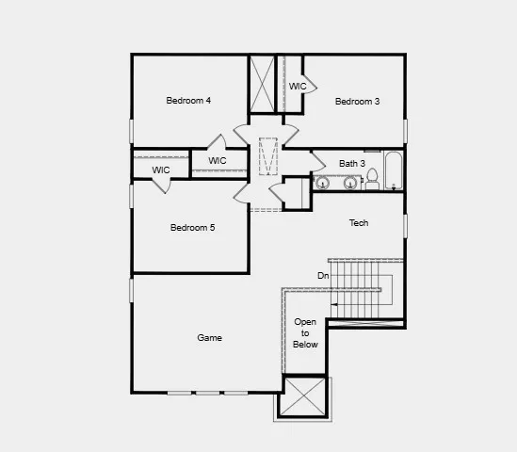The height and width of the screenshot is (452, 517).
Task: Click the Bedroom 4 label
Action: (188, 101)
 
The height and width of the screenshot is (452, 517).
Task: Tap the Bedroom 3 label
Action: (357, 102)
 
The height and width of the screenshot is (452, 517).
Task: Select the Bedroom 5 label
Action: (192, 228)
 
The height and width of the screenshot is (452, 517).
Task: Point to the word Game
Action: (209, 338)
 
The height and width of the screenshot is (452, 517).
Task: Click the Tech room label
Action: (359, 223)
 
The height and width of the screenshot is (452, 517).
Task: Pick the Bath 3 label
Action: (352, 163)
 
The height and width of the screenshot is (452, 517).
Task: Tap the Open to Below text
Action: (305, 333)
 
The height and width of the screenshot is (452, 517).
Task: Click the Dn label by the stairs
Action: (323, 275)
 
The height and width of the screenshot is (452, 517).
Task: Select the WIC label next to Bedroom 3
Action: (298, 87)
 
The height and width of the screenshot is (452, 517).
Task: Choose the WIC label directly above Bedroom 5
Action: (218, 161)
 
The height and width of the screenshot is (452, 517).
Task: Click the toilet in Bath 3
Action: (372, 178)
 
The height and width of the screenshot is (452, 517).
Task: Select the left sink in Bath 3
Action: (322, 183)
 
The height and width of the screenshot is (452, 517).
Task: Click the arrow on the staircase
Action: (334, 305)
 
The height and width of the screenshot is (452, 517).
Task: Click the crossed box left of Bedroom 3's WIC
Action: (261, 84)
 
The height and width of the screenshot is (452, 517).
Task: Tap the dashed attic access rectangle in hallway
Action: (268, 156)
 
